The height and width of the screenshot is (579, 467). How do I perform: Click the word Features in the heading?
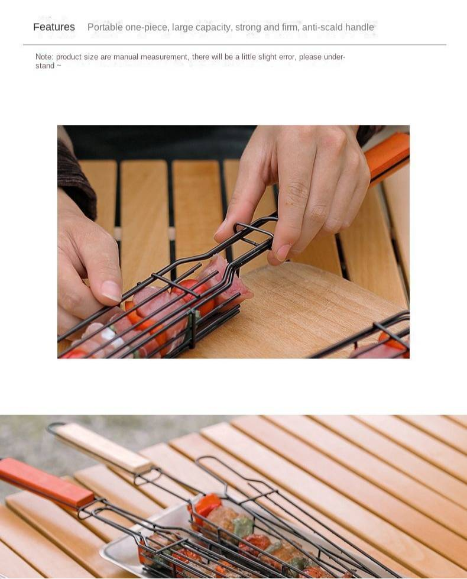tap(54, 27)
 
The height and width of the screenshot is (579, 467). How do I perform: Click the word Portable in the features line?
tap(105, 27)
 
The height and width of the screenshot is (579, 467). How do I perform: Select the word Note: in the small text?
tap(44, 57)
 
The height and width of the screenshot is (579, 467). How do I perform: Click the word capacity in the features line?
tap(214, 27)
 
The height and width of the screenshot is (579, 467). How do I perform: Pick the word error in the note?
tap(287, 57)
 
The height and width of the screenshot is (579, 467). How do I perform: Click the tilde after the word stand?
tap(59, 66)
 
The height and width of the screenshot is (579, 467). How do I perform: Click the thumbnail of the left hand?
tap(111, 290)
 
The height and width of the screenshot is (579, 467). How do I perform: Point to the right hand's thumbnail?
tap(283, 253)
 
